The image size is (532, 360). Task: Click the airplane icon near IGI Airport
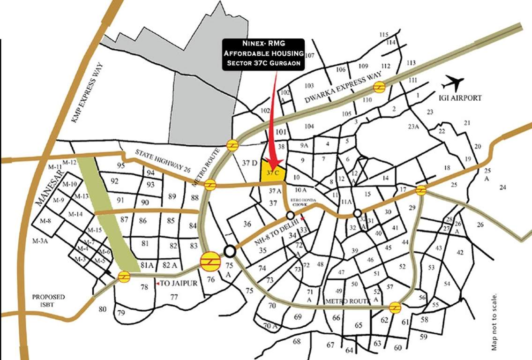point(452,84)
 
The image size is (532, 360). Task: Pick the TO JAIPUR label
point(177,284)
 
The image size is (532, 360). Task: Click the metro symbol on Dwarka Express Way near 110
point(379,87)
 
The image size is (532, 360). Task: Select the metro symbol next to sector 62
point(395,307)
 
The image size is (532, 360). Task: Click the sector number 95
point(121,165)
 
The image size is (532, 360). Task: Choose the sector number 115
point(384,35)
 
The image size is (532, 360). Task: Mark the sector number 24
point(503,187)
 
